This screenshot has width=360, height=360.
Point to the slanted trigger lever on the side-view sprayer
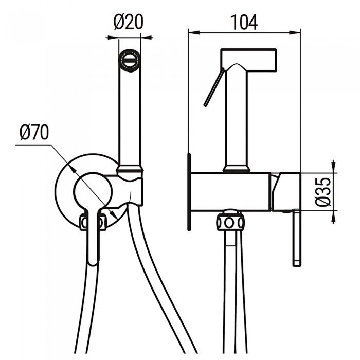coord(213,89)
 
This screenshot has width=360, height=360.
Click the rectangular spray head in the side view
coord(249,60)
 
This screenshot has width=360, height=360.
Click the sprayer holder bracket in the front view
coord(135,187)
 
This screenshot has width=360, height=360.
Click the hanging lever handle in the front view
coord(93,242)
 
